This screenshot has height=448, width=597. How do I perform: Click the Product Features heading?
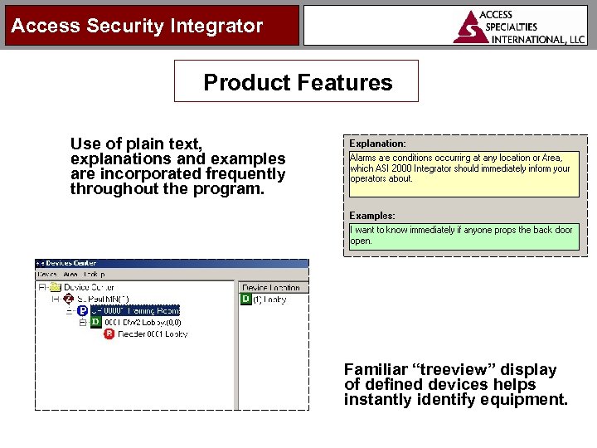(298, 82)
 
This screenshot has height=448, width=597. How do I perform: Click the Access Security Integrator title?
(137, 26)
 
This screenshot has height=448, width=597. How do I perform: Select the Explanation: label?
(377, 144)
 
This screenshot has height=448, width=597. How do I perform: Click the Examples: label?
(372, 216)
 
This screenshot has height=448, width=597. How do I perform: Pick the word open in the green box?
(361, 241)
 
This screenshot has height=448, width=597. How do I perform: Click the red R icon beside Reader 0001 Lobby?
(109, 334)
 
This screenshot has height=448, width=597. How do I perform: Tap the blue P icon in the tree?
(82, 310)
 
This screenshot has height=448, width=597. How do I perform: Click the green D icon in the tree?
(95, 322)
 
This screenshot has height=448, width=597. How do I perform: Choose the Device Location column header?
(271, 287)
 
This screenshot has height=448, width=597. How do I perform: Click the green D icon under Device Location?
(245, 299)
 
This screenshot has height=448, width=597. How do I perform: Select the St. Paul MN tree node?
(102, 299)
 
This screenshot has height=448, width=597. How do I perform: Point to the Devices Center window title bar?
(171, 263)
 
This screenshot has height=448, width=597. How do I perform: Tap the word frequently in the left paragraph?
(246, 174)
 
